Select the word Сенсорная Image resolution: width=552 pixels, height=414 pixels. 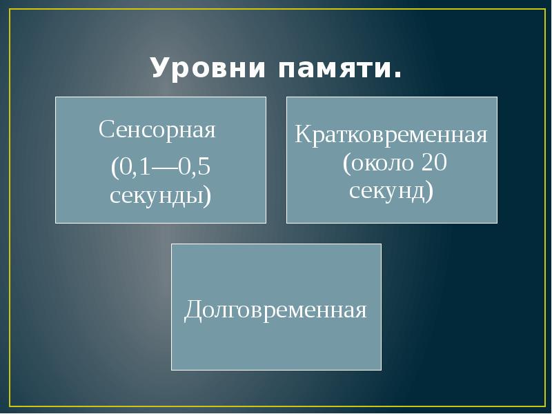[x=157, y=130]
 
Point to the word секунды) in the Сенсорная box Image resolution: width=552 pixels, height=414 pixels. [x=161, y=196]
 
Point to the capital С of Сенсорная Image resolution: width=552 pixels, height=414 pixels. [x=106, y=130]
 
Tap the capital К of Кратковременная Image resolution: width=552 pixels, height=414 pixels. [x=302, y=133]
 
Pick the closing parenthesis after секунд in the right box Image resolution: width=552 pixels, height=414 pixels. [x=430, y=190]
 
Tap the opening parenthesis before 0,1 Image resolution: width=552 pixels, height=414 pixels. [x=114, y=168]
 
